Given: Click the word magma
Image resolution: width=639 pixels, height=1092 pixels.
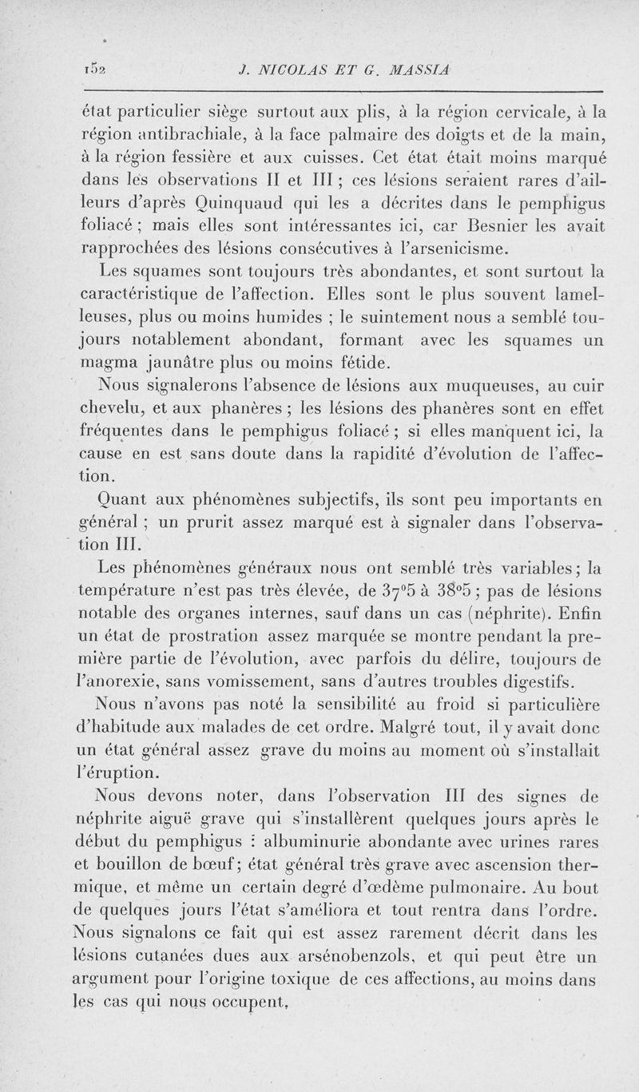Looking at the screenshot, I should pyautogui.click(x=112, y=341).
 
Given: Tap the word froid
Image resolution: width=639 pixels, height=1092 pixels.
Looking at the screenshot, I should pyautogui.click(x=432, y=705).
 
